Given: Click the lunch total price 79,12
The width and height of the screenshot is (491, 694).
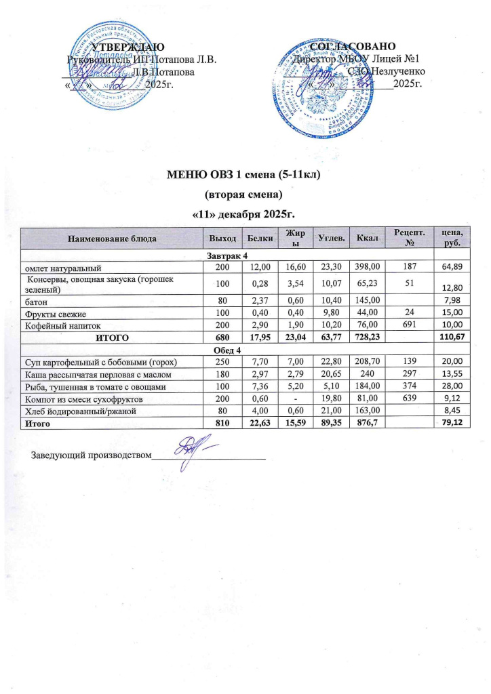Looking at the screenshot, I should click(x=450, y=424).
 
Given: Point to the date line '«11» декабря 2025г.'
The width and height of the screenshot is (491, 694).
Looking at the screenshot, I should click(x=243, y=215).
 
